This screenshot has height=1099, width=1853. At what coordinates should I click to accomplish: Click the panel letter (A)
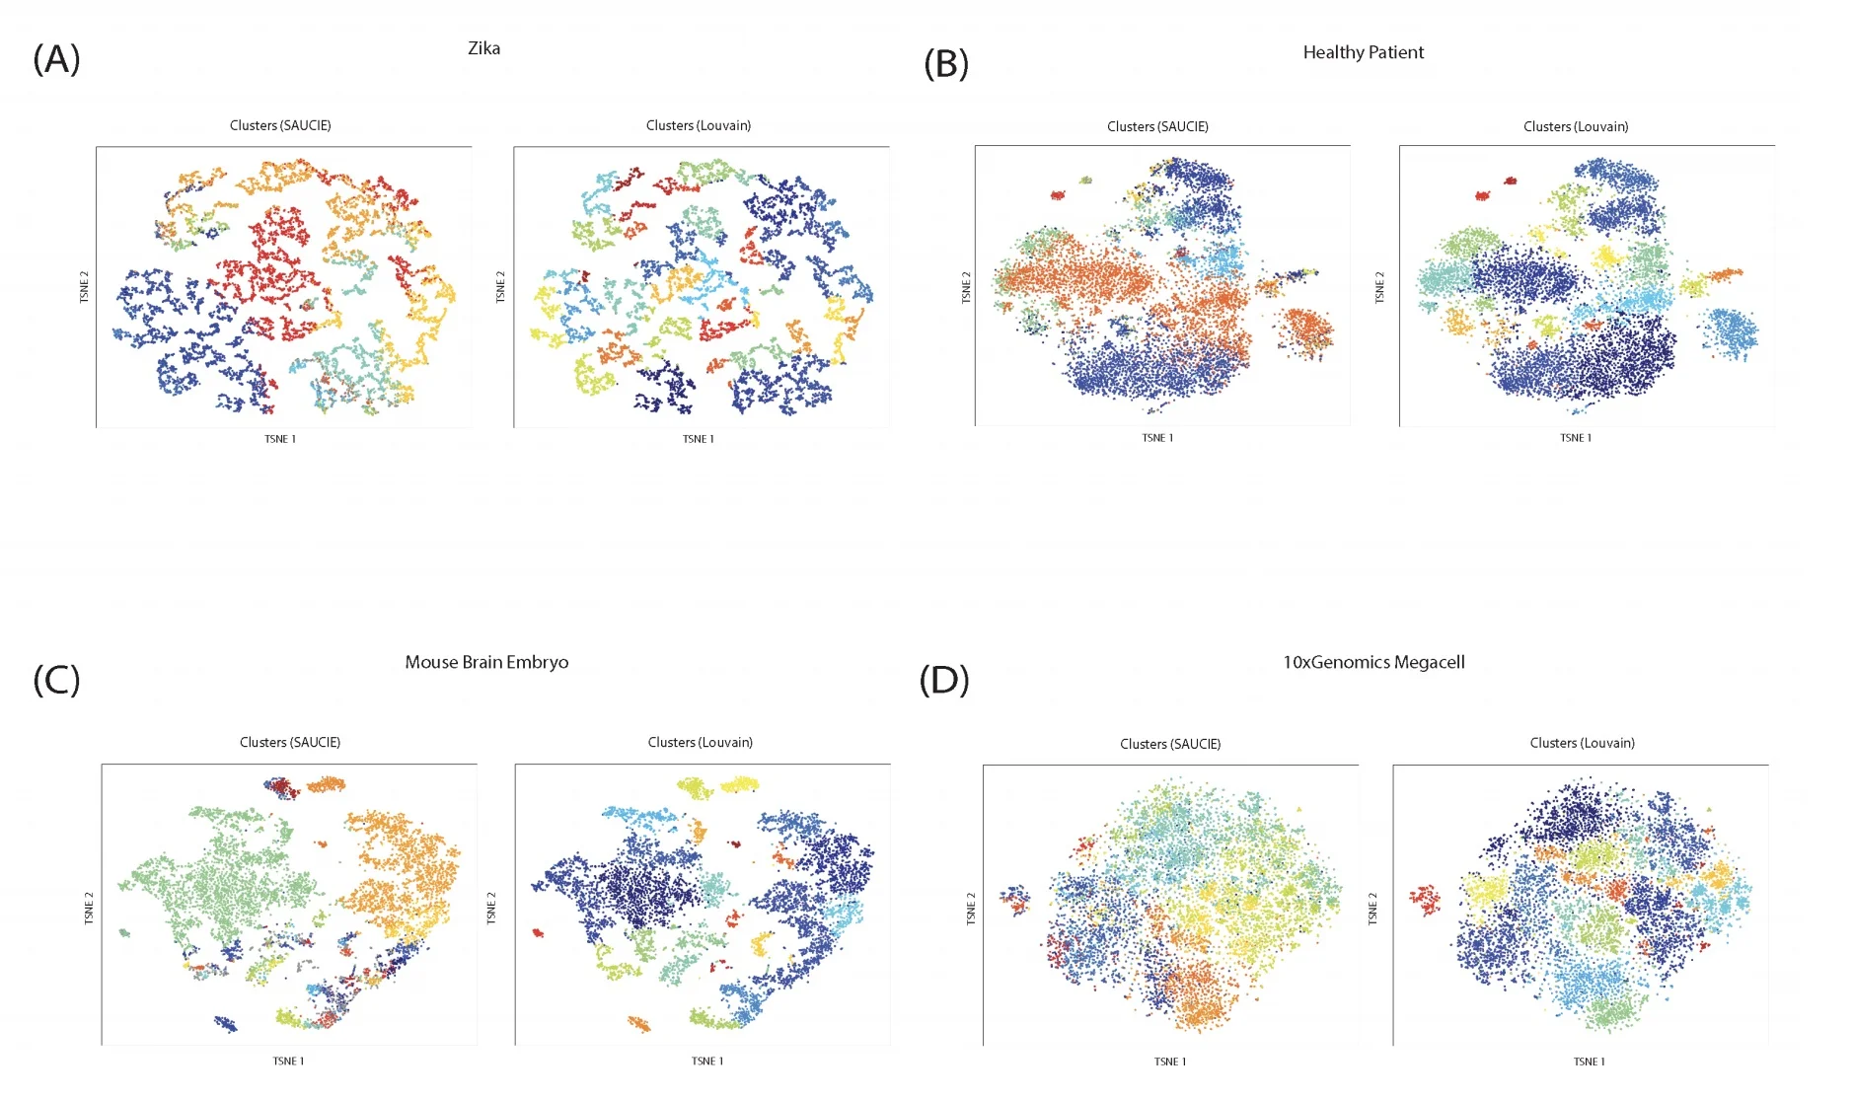point(56,59)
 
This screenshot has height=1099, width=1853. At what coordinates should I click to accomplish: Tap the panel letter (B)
point(945,64)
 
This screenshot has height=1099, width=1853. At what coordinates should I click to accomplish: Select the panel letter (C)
point(56,680)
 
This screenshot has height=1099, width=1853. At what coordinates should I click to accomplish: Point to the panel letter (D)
point(943,680)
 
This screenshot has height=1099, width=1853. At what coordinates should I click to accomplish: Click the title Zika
point(483,48)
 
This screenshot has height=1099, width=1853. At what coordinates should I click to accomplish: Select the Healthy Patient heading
point(1363,52)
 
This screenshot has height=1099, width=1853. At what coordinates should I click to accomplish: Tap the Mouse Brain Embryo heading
point(486,662)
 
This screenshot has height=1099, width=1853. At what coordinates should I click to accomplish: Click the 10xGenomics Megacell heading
point(1372,662)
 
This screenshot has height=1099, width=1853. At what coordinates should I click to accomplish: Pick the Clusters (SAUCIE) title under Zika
point(280,125)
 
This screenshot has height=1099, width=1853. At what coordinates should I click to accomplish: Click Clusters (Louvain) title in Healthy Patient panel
point(1575,126)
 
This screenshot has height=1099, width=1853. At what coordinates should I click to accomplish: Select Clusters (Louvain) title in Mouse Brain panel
point(700,742)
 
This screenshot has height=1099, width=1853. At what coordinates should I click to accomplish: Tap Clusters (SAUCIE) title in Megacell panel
point(1169,744)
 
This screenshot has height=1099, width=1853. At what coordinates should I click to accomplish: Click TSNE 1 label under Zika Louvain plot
point(698,439)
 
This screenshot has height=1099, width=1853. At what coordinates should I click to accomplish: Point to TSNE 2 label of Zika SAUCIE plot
point(84,287)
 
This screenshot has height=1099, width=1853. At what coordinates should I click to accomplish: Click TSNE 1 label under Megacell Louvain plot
point(1589,1062)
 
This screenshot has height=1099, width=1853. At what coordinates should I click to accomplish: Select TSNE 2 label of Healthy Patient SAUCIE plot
point(966,287)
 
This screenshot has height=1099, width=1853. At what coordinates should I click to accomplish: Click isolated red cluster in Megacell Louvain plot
point(1424,899)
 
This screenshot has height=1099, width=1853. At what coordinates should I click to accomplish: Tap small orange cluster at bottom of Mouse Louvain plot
point(639,1024)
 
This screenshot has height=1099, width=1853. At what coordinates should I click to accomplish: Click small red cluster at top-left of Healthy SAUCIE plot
point(1058,195)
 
